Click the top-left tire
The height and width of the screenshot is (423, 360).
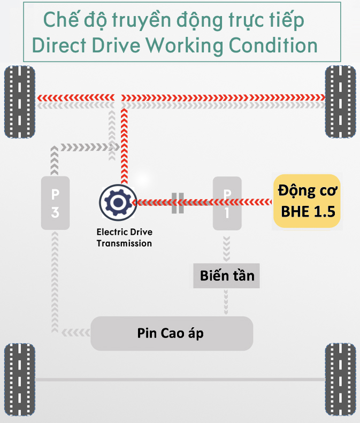[x=20, y=102]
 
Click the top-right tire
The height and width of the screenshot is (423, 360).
[x=341, y=102]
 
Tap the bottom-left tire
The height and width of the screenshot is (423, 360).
[x=20, y=380]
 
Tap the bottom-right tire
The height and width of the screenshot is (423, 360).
[x=341, y=380]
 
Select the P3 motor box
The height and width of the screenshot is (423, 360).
[x=56, y=204]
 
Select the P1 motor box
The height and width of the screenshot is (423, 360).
[x=227, y=204]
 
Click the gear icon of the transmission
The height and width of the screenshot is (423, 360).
[x=118, y=202]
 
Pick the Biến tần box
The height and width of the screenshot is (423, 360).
[x=227, y=276]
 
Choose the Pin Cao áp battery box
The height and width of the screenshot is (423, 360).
[x=171, y=333]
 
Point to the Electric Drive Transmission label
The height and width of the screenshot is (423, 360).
[x=124, y=238]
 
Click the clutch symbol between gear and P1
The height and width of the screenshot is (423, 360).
[x=178, y=202]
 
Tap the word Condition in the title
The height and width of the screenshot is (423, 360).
[x=273, y=45]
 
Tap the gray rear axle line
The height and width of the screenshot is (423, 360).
[x=180, y=380]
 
